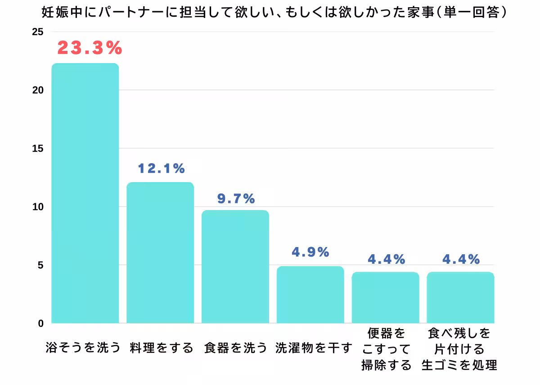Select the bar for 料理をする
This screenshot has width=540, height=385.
pyautogui.click(x=160, y=252)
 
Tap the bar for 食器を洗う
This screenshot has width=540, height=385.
pyautogui.click(x=235, y=266)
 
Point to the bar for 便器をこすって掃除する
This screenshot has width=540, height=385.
pyautogui.click(x=385, y=298)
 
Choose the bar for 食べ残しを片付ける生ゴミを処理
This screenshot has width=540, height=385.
pyautogui.click(x=460, y=298)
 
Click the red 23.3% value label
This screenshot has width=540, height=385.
pyautogui.click(x=90, y=48)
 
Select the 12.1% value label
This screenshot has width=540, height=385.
pyautogui.click(x=161, y=169)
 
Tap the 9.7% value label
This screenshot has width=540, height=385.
pyautogui.click(x=236, y=198)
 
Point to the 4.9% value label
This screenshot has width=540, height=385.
pyautogui.click(x=310, y=252)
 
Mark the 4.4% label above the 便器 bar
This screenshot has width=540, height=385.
pyautogui.click(x=386, y=259)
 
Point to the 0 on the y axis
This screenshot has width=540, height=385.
pyautogui.click(x=41, y=323)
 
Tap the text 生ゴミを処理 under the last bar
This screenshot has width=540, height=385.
pyautogui.click(x=459, y=365)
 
